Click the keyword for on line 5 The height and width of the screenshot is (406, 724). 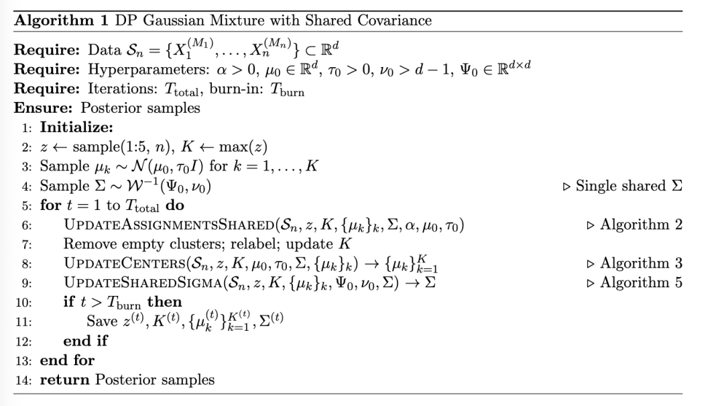point(50,205)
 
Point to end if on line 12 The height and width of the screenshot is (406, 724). point(85,341)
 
